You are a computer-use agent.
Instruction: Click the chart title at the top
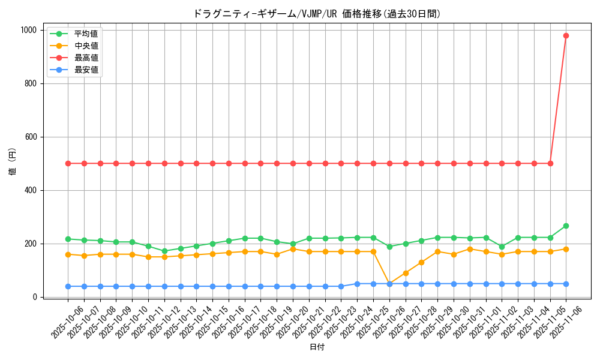(317, 14)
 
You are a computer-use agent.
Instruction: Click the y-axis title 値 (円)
(13, 163)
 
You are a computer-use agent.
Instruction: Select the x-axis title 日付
(317, 347)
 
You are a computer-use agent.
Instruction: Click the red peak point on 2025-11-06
(566, 35)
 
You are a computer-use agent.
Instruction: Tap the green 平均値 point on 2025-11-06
(566, 226)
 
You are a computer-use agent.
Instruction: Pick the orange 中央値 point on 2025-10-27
(406, 273)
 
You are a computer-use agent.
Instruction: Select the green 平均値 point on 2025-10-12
(164, 251)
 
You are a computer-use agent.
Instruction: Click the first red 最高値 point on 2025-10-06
(68, 163)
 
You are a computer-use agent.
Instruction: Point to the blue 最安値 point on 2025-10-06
(68, 286)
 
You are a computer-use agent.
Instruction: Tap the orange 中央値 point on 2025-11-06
(566, 249)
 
